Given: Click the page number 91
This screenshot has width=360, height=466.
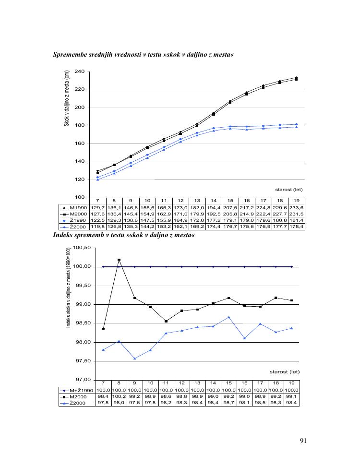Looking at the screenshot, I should [x=303, y=442].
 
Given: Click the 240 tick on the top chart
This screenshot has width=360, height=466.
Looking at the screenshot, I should [x=80, y=72].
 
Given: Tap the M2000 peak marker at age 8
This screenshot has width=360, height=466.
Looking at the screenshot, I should [x=119, y=260].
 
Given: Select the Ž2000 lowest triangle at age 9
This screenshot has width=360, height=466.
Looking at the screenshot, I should [x=134, y=358].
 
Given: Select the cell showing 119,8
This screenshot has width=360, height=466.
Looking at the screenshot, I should [x=97, y=226].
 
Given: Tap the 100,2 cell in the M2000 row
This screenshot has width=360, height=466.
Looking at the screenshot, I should [x=119, y=397].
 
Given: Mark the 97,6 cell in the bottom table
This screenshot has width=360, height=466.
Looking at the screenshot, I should [x=135, y=403].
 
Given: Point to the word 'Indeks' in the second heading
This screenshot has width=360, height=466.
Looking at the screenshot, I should [x=63, y=235].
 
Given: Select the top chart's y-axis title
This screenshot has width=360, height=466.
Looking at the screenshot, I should [x=67, y=98].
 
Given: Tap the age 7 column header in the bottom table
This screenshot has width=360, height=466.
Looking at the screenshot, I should [x=103, y=383].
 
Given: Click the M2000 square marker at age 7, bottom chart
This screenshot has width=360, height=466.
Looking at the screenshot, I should [x=103, y=329].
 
